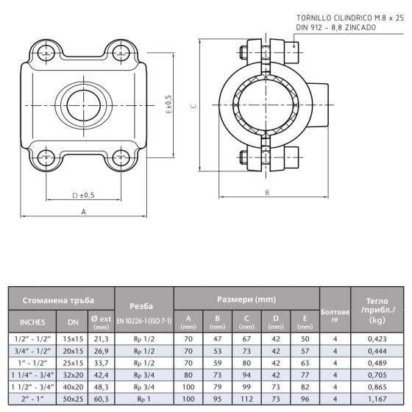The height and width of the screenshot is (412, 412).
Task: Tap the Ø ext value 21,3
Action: coord(102,339)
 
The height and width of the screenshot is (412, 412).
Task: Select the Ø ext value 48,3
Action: coord(102,386)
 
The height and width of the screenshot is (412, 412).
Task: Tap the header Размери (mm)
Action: coord(246,299)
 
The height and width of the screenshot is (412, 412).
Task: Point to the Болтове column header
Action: coord(335,316)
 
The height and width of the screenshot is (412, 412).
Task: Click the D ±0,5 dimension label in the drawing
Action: coord(84,194)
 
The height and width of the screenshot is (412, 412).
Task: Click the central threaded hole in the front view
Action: coord(84,103)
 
